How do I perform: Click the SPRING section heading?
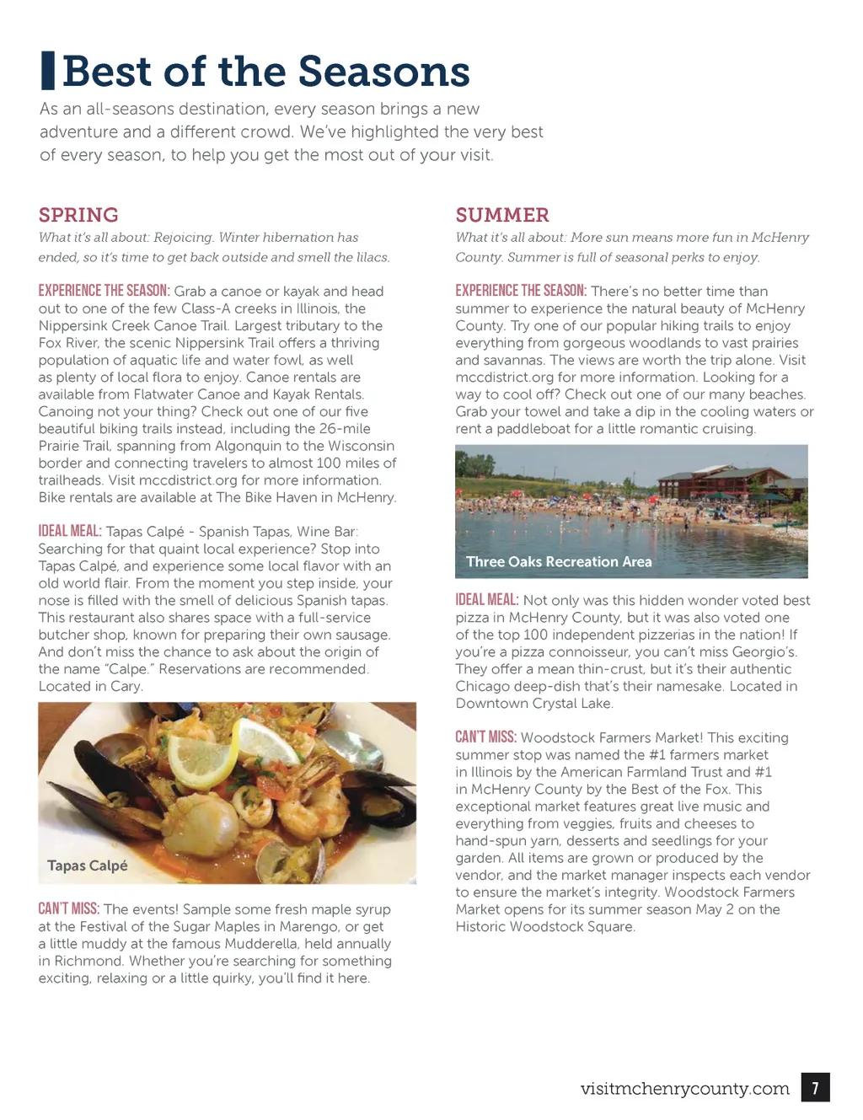tap(78, 215)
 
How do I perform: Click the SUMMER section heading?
tap(502, 215)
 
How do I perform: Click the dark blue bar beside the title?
tap(48, 71)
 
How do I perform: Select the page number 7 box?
tap(815, 1087)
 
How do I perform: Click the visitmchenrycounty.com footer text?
tap(684, 1089)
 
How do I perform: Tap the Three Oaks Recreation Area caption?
tap(559, 561)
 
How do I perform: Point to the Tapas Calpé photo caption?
tap(88, 865)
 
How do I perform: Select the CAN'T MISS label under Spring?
tap(69, 908)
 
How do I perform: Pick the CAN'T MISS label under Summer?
tap(486, 737)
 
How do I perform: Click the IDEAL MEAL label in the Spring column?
tap(70, 531)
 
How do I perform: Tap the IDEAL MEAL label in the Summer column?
tap(487, 600)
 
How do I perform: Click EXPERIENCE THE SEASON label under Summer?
tap(521, 291)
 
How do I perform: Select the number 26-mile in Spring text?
tap(345, 428)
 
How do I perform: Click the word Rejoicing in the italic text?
tap(181, 238)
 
